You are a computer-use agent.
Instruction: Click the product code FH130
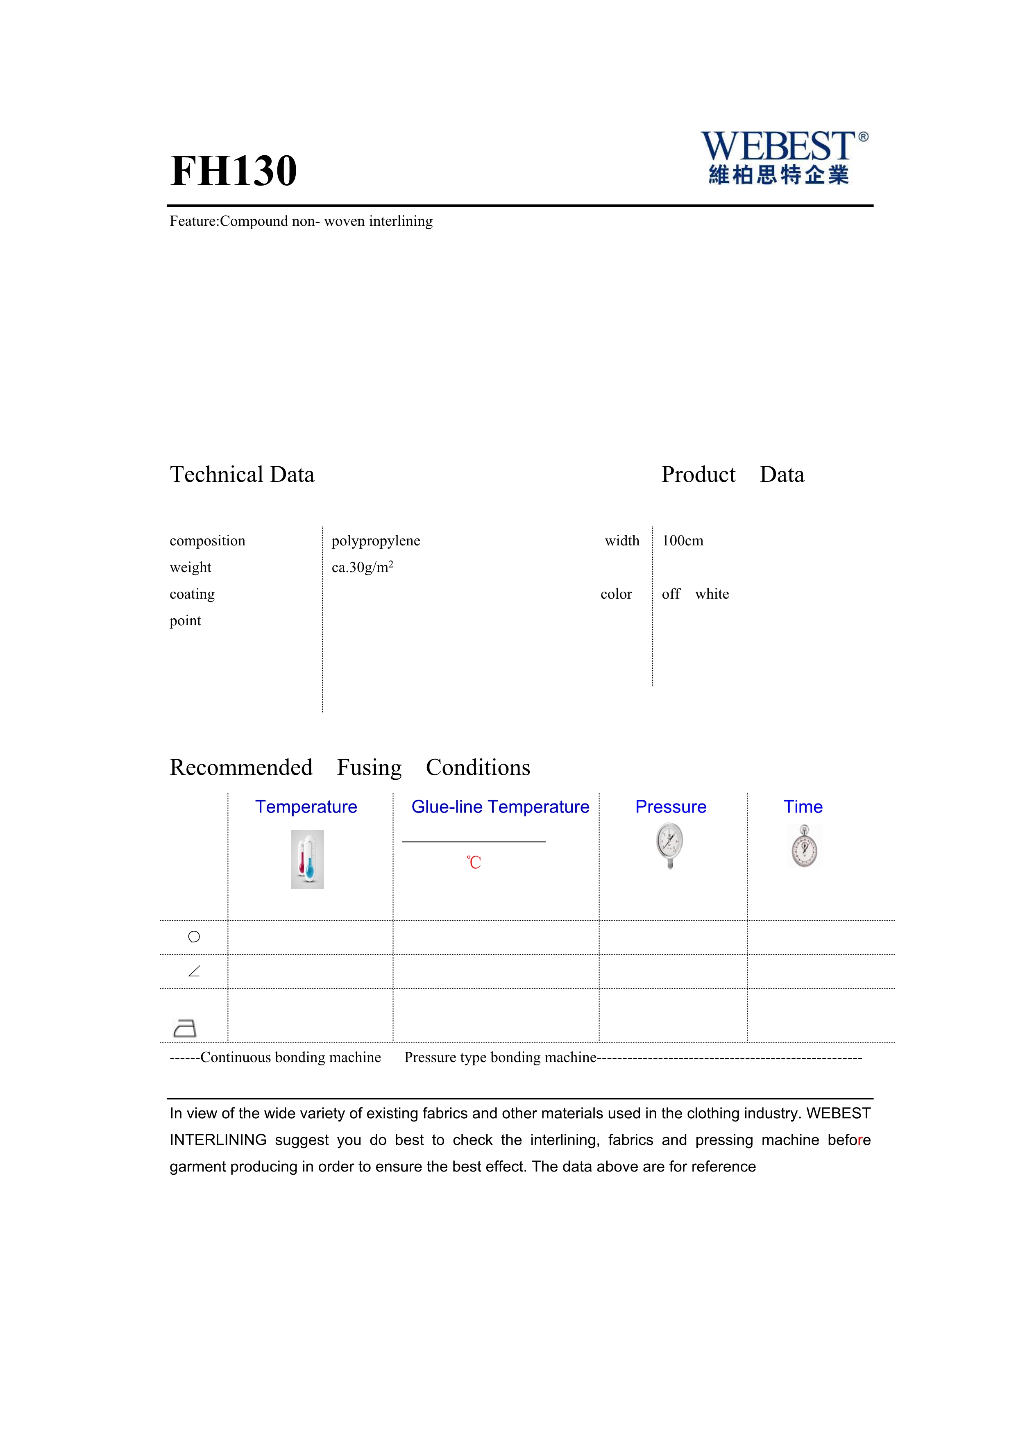point(234,171)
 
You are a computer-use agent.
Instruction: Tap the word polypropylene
point(375,541)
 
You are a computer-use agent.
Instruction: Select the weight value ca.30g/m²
point(362,568)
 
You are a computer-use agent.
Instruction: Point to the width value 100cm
point(683,541)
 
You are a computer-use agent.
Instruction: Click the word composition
point(207,541)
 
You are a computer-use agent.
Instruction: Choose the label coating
point(192,594)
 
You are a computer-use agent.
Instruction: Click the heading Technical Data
point(242,474)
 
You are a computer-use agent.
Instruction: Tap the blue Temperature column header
point(306,807)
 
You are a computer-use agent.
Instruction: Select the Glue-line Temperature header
point(500,807)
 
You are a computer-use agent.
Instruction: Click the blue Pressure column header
point(671,807)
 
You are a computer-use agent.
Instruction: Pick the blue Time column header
point(803,807)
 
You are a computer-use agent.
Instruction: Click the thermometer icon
point(307,859)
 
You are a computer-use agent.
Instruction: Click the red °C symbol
point(474,863)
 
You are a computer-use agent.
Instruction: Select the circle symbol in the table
point(194,937)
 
